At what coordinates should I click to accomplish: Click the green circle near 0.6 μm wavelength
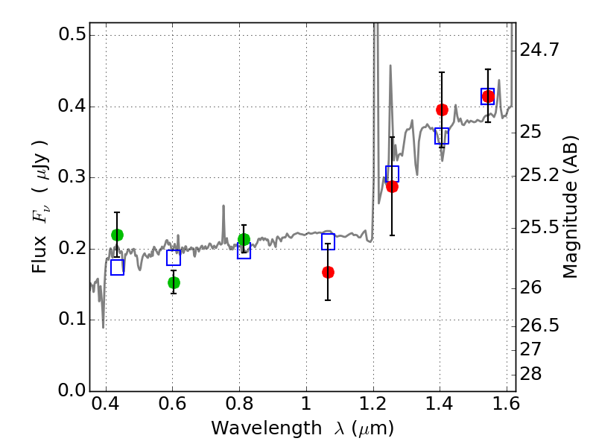(174, 283)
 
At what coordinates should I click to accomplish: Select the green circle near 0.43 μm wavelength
(117, 235)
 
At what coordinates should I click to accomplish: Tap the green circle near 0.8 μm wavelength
(244, 239)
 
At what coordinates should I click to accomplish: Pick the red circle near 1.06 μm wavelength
(328, 272)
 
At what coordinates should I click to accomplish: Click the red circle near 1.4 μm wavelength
(442, 110)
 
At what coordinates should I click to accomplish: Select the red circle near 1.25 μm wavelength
(392, 187)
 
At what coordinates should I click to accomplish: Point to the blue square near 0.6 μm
(174, 258)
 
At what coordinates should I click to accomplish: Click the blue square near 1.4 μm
(442, 136)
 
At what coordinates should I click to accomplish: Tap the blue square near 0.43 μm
(118, 267)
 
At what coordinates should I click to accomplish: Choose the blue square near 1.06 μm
(328, 241)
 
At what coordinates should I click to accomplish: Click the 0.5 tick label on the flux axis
(72, 34)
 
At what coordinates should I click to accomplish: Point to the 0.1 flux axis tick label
(72, 320)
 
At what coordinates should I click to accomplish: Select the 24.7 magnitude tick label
(539, 50)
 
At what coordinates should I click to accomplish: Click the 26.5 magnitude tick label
(539, 326)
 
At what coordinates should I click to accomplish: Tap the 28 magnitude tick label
(530, 375)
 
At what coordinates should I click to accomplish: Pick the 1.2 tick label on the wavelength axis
(373, 404)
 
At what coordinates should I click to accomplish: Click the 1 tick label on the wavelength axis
(306, 404)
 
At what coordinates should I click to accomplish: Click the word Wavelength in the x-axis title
(267, 428)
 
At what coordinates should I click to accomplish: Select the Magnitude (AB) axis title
(569, 207)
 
